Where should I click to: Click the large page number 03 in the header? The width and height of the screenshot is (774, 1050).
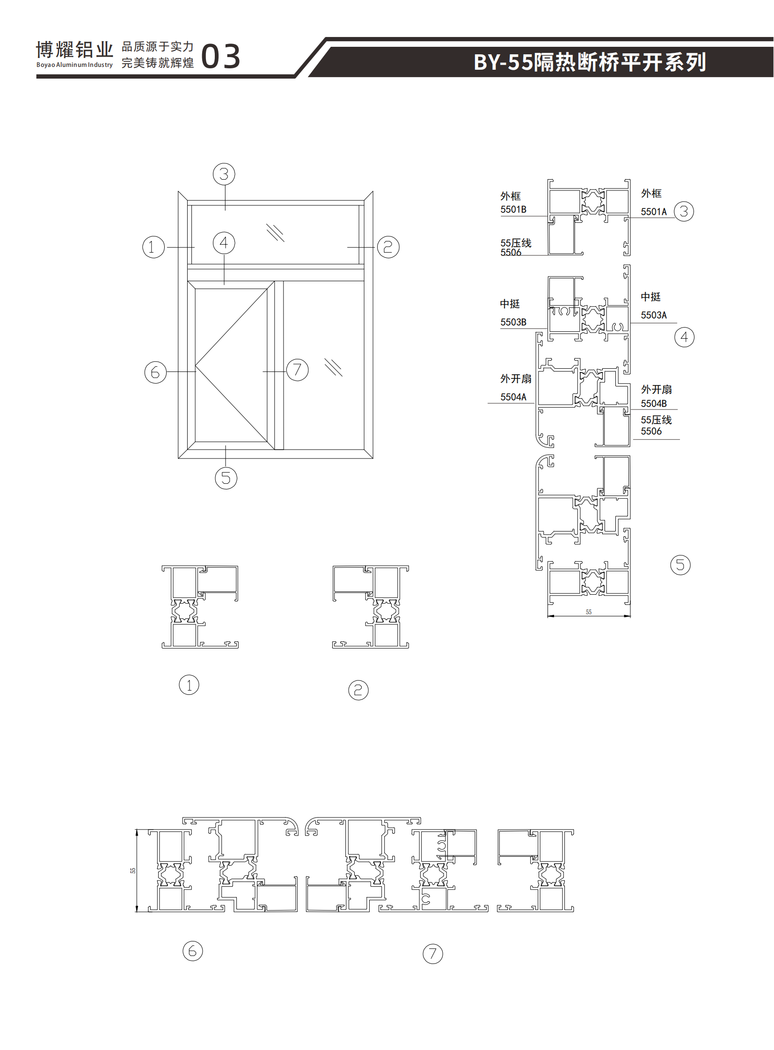click(x=221, y=57)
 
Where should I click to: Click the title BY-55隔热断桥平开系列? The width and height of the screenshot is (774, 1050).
click(x=590, y=62)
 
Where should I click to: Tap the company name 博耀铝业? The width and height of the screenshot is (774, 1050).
click(x=74, y=50)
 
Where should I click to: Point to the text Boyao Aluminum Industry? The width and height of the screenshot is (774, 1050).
click(x=74, y=65)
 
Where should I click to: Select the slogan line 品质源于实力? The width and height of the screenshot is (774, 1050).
click(x=157, y=46)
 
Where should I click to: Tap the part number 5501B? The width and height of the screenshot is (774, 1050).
click(x=513, y=210)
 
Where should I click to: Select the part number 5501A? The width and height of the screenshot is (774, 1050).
click(x=654, y=212)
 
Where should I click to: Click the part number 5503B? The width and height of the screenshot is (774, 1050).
click(x=513, y=322)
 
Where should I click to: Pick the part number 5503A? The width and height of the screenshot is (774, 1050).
click(x=654, y=315)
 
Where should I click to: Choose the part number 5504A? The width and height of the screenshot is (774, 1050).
click(x=513, y=397)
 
